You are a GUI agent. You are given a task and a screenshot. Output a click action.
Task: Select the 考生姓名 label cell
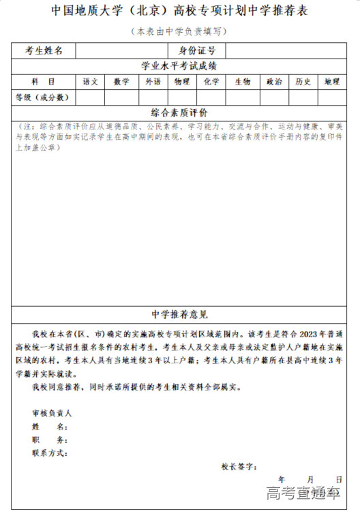click(44, 50)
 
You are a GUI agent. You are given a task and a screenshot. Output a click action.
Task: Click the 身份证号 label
click(196, 50)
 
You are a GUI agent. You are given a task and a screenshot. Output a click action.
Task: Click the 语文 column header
click(91, 82)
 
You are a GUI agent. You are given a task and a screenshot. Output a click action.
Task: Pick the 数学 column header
click(121, 82)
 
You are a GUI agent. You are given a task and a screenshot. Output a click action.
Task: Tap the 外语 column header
click(153, 82)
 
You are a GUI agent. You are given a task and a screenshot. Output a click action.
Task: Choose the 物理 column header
click(182, 82)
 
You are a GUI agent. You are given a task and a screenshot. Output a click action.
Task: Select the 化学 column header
click(211, 82)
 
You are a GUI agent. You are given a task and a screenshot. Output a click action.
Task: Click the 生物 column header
click(243, 82)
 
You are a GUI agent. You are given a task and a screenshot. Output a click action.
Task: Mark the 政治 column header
click(274, 82)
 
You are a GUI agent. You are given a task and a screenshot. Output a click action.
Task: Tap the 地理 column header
click(332, 82)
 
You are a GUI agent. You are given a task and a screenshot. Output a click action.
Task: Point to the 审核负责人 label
click(51, 413)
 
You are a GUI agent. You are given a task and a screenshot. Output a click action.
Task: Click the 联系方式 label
click(49, 453)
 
